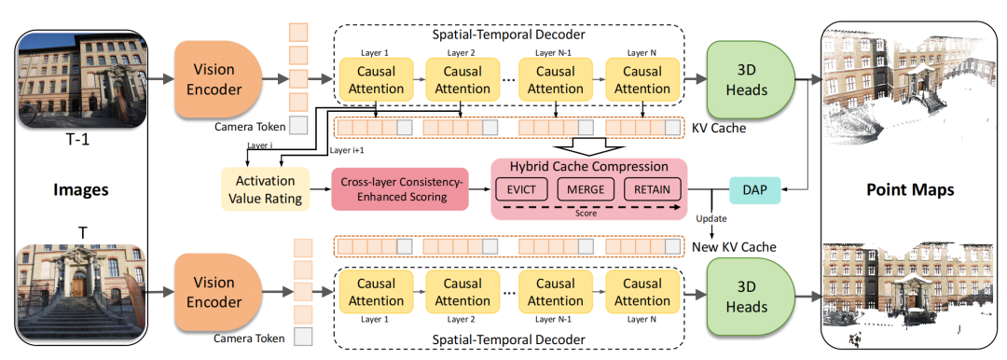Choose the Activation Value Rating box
[x=265, y=189]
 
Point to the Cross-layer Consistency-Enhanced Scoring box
[x=400, y=189]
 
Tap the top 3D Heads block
[x=750, y=79]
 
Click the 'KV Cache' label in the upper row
[x=719, y=128]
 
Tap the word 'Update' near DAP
[x=710, y=217]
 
